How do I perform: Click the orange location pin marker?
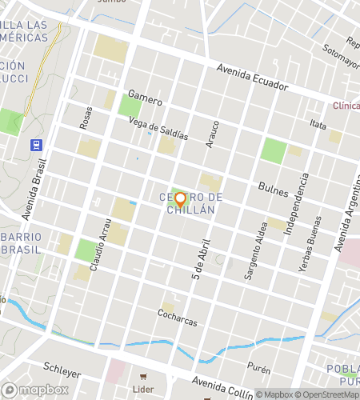pos(180,198)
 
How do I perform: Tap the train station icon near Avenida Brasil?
pos(36,146)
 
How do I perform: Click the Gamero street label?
pos(145,98)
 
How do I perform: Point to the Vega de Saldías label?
pos(158,128)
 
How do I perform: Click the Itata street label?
pos(318,125)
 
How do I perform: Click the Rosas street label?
pos(86,118)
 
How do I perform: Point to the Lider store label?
pos(143,389)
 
